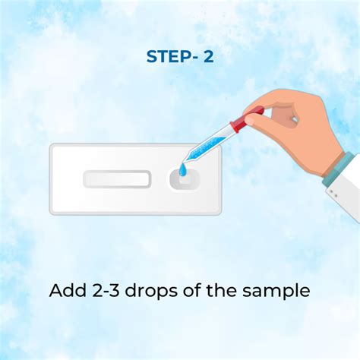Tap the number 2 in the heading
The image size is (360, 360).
pos(208,56)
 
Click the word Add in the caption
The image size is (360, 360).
pos(68,290)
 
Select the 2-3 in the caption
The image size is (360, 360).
pos(106,290)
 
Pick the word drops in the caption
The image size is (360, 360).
pos(152,291)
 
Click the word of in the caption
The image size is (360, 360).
pos(192,290)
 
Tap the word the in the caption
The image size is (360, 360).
pos(222,290)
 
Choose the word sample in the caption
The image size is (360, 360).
pos(276,291)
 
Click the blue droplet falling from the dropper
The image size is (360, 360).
pos(182,169)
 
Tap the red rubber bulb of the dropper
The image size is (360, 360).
pos(247,119)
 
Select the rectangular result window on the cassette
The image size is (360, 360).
pos(117,179)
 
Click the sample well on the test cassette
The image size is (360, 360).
pos(185,180)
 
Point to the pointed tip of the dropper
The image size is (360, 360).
pos(184,161)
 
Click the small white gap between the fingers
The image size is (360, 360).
pos(294,118)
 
